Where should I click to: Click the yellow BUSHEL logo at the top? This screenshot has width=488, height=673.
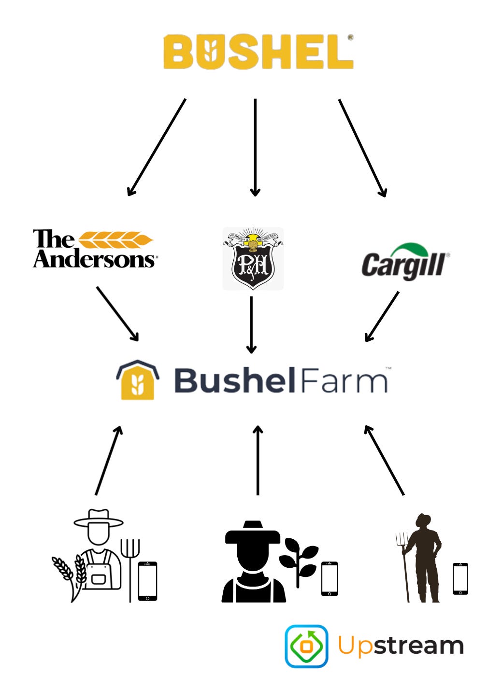pyautogui.click(x=258, y=52)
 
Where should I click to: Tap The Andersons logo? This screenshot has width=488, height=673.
pyautogui.click(x=94, y=249)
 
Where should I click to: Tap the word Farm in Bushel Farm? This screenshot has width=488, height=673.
pyautogui.click(x=344, y=381)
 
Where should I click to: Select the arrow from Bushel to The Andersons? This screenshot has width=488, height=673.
pyautogui.click(x=157, y=147)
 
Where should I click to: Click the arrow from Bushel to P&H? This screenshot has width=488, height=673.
pyautogui.click(x=255, y=147)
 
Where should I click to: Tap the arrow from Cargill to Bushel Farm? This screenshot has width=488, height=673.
pyautogui.click(x=382, y=316)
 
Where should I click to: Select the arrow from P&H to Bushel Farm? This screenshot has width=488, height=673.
pyautogui.click(x=251, y=324)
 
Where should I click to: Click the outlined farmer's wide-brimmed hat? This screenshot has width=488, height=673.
pyautogui.click(x=99, y=519)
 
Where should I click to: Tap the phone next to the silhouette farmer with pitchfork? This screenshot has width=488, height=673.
pyautogui.click(x=460, y=578)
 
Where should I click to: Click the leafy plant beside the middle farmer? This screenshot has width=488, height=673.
pyautogui.click(x=299, y=560)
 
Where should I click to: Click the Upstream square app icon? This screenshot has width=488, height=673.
pyautogui.click(x=306, y=646)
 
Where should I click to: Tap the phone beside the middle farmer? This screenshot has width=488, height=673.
pyautogui.click(x=330, y=578)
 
